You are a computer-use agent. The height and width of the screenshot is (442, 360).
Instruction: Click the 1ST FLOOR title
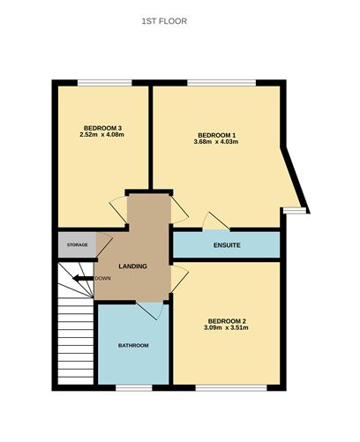pyautogui.click(x=164, y=19)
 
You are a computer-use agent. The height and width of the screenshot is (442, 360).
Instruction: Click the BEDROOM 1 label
pyautogui.click(x=215, y=134)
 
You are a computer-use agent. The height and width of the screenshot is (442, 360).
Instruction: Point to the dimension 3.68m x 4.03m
pyautogui.click(x=215, y=141)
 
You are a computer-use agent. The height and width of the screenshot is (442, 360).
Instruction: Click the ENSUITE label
pyautogui.click(x=227, y=243)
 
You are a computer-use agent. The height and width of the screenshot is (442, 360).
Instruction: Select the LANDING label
pyautogui.click(x=132, y=266)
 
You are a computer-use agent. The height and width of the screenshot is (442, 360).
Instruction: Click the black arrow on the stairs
pyautogui.click(x=83, y=278)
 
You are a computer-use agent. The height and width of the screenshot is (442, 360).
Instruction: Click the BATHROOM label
pyautogui.click(x=133, y=345)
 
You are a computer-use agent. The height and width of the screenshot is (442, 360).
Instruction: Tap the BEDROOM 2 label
pyautogui.click(x=227, y=320)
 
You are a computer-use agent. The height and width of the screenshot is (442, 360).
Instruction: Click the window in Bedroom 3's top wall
pyautogui.click(x=104, y=83)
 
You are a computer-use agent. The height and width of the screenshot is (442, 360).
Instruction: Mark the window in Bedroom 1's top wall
pyautogui.click(x=221, y=83)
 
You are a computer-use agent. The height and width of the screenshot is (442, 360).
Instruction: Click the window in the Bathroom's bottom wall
pyautogui.click(x=133, y=386)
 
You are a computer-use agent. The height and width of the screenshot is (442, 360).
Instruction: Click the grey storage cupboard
pyautogui.click(x=74, y=243)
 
